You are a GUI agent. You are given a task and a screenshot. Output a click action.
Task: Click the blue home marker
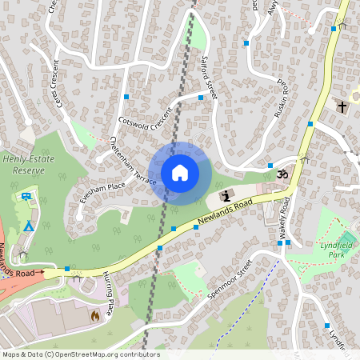[x=180, y=173]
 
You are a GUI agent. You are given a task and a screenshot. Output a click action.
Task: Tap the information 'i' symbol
[x=227, y=195]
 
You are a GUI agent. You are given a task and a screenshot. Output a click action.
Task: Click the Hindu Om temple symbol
[x=281, y=173]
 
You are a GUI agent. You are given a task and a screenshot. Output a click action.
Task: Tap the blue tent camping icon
[x=28, y=226]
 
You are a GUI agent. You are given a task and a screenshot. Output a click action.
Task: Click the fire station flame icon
[x=94, y=315]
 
